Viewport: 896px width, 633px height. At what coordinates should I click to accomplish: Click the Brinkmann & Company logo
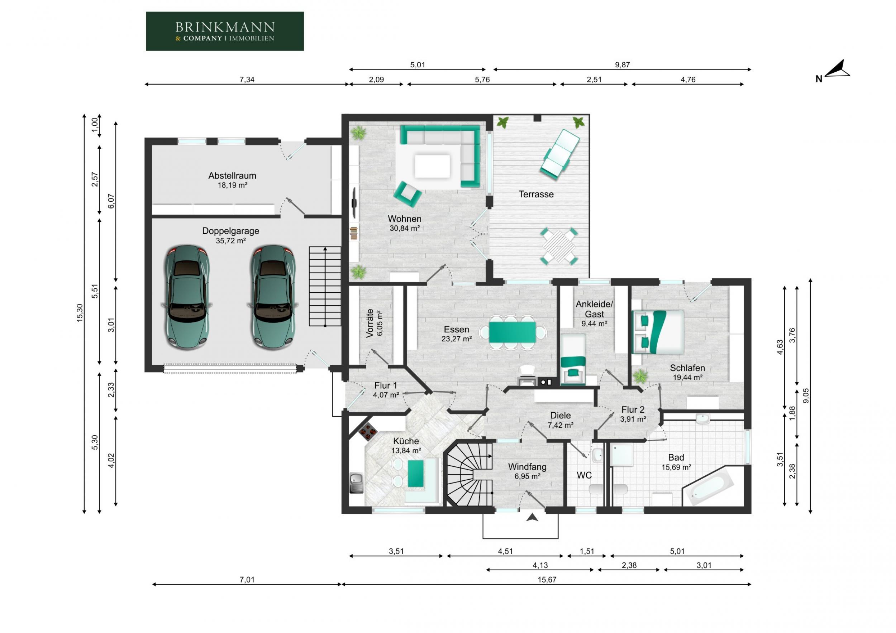[225, 31]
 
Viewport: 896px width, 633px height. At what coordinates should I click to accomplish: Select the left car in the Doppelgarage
[187, 297]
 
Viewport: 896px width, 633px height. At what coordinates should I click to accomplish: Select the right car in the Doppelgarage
[273, 297]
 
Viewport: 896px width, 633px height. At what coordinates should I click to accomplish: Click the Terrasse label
[536, 194]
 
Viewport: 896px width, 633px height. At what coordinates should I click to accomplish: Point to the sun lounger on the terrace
[559, 154]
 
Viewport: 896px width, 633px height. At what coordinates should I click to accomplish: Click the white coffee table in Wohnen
[432, 166]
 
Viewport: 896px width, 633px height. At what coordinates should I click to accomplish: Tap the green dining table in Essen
[513, 332]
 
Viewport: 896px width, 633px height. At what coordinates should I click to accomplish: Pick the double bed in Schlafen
[658, 332]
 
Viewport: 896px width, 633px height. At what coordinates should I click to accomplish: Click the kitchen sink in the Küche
[356, 483]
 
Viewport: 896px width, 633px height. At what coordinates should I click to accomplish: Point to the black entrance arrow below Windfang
[532, 517]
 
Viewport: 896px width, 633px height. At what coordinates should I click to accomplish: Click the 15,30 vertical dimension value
[80, 313]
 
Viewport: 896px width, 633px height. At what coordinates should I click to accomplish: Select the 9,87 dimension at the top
[623, 65]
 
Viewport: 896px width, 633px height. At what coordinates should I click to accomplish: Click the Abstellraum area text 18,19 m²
[233, 185]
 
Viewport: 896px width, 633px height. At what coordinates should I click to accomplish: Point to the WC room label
[584, 475]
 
